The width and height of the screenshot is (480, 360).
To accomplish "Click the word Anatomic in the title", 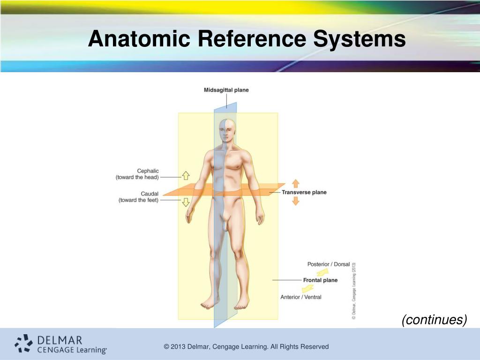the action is [139, 39].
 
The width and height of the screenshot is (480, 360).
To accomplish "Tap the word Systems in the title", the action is [360, 39].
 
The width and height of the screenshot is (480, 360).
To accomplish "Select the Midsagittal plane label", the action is [226, 90].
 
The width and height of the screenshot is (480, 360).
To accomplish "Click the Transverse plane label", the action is [304, 192].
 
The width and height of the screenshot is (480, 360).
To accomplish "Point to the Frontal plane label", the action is [320, 280].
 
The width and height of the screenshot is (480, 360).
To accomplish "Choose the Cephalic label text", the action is [148, 171].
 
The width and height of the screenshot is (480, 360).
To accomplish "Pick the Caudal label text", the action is [150, 194].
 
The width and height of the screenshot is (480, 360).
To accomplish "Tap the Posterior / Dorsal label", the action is [329, 264].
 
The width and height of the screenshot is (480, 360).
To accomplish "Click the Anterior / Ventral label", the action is [301, 297].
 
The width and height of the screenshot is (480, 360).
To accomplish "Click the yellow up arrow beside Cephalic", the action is [185, 176].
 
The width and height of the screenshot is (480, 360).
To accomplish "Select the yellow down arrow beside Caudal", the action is [185, 202].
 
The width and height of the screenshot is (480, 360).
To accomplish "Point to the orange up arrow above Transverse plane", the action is [296, 183].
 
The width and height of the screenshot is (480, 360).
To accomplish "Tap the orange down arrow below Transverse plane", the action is [296, 201].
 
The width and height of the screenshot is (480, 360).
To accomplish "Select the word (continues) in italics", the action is [434, 320].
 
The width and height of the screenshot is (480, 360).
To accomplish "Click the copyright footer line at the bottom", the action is [246, 347].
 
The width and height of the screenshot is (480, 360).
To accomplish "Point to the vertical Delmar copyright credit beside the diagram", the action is [354, 291].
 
